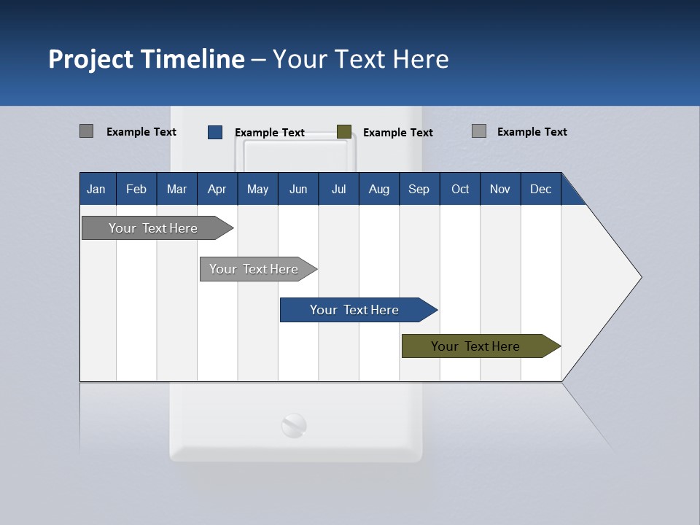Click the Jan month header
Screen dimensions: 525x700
coord(96,189)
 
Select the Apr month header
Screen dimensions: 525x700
coord(217,189)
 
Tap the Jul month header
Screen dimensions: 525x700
coord(338,189)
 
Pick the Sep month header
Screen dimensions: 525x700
coord(419,189)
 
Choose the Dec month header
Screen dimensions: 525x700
coord(540,189)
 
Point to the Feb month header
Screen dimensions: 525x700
coord(136,189)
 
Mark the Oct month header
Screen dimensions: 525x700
coord(460,189)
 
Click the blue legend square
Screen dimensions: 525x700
coord(215,132)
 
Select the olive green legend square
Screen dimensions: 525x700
coord(344,132)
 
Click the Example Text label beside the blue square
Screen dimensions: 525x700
coord(269,133)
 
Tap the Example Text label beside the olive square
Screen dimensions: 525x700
coord(397,133)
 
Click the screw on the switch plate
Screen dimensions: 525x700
coord(295,426)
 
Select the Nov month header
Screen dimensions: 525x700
coord(500,189)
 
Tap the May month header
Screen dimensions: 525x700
coord(257,189)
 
